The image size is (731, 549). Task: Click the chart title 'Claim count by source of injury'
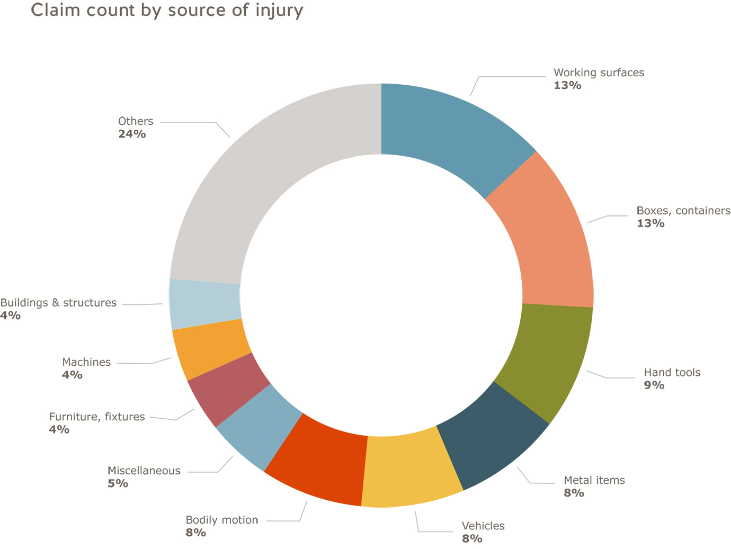[167, 10]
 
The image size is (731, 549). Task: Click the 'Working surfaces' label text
[599, 73]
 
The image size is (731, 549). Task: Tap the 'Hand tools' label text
[672, 373]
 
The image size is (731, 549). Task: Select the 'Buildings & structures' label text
[58, 303]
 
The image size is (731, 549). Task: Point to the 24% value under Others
[132, 134]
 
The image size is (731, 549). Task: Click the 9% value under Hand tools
[654, 385]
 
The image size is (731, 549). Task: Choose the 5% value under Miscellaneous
[118, 483]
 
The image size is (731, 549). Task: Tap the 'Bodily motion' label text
[221, 520]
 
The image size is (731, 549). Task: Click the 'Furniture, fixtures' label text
[97, 417]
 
